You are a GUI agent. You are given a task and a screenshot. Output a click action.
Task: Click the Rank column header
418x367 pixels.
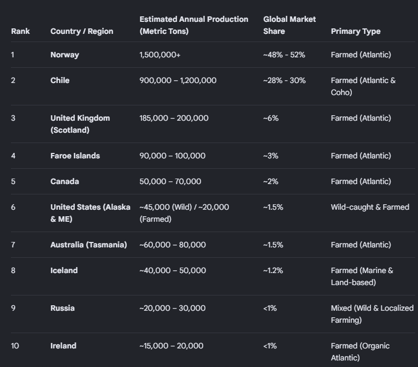20,31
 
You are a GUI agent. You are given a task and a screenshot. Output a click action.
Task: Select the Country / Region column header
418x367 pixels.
82,31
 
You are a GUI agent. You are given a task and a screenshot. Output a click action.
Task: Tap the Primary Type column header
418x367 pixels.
356,31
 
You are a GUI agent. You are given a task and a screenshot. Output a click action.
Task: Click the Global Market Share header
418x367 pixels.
289,25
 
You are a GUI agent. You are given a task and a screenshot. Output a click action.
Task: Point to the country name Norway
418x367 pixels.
65,55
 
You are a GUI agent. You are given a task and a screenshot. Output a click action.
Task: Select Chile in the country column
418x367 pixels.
60,80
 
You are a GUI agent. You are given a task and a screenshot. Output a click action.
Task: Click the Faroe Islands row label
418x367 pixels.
75,156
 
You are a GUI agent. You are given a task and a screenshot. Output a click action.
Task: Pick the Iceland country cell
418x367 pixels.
64,270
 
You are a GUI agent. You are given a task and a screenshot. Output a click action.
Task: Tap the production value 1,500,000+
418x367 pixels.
160,55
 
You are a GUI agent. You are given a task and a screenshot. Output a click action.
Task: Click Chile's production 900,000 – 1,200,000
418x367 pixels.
178,80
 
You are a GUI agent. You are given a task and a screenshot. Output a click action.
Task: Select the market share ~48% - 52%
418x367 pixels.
284,55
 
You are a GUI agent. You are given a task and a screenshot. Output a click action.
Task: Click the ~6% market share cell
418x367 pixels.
271,118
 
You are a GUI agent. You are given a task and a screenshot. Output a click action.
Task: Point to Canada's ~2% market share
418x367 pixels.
270,181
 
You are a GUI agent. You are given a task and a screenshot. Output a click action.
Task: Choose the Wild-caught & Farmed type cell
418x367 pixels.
370,207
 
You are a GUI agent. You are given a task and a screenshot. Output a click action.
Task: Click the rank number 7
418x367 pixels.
13,245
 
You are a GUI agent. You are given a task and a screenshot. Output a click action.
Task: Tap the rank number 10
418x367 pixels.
15,346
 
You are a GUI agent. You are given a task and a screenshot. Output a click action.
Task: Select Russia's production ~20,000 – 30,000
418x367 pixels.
173,308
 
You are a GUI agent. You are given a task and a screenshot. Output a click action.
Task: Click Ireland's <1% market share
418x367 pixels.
270,346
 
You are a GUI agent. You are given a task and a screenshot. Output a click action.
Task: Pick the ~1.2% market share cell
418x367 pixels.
273,270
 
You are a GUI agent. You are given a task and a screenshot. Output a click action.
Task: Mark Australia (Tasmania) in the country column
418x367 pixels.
89,245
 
